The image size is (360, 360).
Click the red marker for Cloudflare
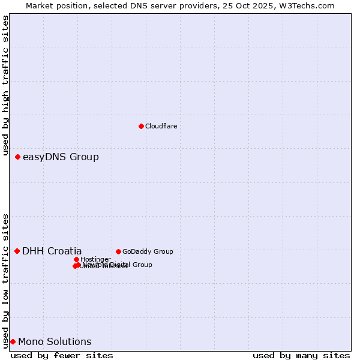141,126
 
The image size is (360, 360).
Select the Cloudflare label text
161,126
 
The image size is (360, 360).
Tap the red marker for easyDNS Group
17,157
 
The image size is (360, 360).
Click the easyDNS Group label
61,157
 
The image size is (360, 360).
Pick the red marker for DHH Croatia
17,251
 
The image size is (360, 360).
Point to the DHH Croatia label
52,251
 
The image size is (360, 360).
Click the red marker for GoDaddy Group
118,251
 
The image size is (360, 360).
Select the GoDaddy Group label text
148,251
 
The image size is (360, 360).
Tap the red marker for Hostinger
76,259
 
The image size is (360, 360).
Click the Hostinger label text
95,259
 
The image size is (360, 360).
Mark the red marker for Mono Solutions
13,341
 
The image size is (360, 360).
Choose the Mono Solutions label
55,342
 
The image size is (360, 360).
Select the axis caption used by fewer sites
62,355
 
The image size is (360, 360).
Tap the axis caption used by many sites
301,355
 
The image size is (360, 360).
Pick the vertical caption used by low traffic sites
6,280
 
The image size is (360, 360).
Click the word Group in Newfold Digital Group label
142,265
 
